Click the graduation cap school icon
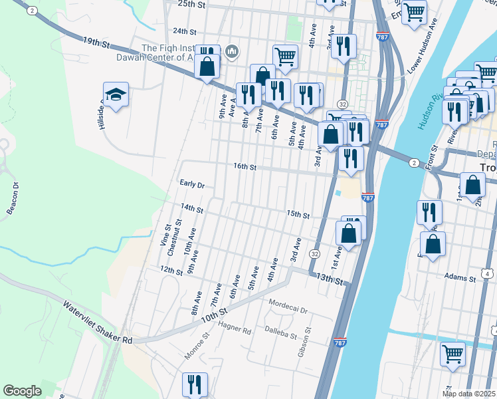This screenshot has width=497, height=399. [x=116, y=95]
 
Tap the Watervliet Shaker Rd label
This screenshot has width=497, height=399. [x=98, y=323]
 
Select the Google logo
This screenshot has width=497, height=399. [x=22, y=390]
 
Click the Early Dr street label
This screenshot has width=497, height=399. [x=191, y=184]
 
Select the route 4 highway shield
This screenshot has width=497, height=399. [x=488, y=273]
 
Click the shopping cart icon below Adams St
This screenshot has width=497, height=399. [x=452, y=354]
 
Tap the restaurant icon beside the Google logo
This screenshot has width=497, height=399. [x=195, y=384]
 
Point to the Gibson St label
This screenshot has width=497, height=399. [x=307, y=340]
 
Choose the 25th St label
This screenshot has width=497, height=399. [x=192, y=4]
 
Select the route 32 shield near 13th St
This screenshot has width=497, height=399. [x=314, y=254]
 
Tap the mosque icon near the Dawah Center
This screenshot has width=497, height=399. [x=232, y=51]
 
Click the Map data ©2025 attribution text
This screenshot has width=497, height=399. [x=468, y=394]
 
